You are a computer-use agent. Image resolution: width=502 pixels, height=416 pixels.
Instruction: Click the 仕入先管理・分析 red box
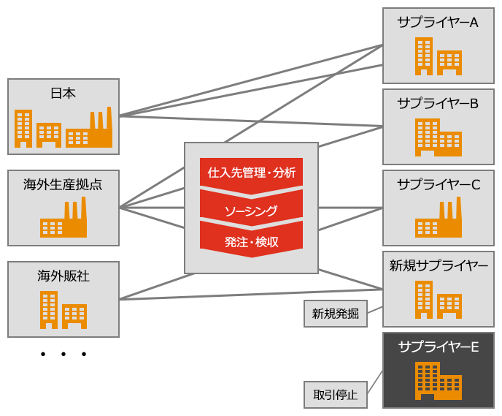251,173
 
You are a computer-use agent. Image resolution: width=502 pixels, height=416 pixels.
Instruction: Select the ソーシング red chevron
251,211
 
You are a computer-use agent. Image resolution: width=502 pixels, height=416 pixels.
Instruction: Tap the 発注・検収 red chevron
251,241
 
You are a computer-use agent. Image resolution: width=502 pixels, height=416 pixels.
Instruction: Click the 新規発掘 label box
335,314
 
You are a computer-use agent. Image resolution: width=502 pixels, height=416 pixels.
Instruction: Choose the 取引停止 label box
335,395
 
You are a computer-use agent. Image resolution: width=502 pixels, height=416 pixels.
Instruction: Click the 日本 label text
63,93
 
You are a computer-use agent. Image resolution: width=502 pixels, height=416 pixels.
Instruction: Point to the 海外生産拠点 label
63,184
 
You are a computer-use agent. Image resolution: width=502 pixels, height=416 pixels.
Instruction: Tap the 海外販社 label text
63,276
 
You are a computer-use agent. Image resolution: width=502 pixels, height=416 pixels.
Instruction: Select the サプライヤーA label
438,22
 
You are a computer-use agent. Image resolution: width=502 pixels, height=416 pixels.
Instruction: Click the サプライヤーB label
438,103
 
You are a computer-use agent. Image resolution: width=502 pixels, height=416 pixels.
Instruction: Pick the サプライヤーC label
438,184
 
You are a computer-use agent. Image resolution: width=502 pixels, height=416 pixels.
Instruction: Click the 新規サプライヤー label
438,265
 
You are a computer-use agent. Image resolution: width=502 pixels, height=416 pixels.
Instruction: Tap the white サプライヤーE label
438,347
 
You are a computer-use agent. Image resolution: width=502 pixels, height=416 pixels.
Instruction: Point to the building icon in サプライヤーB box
439,138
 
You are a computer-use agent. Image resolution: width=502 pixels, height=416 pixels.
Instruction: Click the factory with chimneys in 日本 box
89,130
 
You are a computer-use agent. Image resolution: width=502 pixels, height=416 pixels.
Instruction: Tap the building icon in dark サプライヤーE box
439,381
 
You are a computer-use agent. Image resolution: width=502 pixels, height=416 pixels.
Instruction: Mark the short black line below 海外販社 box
63,354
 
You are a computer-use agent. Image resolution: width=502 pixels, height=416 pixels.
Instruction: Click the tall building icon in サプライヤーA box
423,56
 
